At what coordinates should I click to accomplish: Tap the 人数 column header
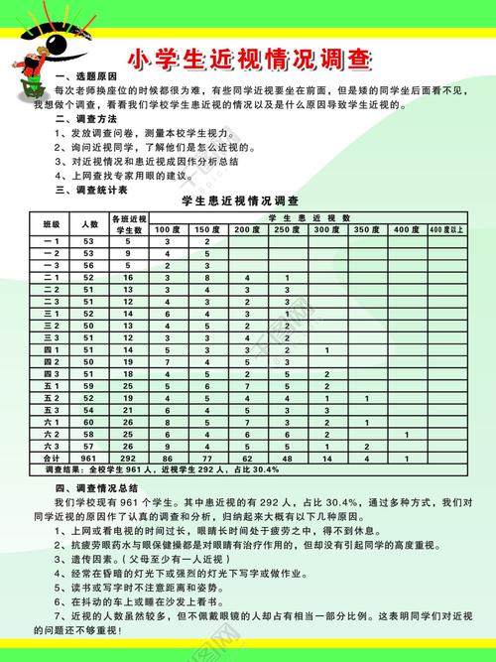coord(89,223)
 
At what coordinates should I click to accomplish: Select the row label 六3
coord(52,446)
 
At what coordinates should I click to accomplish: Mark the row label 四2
coord(52,362)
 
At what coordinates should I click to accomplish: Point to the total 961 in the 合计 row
coord(89,460)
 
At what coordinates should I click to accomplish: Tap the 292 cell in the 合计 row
coord(127,460)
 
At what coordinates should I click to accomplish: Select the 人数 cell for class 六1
coord(89,421)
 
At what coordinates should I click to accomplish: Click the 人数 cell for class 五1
coord(89,385)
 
